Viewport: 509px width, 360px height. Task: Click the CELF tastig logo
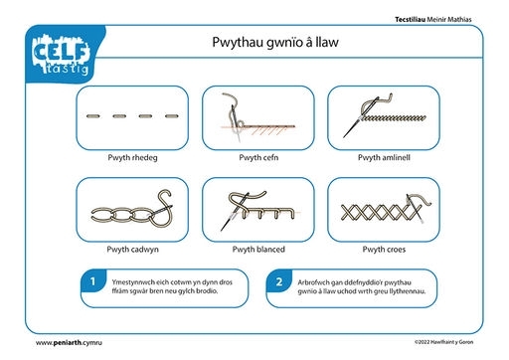(x=61, y=54)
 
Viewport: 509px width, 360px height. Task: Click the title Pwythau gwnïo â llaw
(x=275, y=43)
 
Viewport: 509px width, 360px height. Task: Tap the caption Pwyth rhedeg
(x=132, y=157)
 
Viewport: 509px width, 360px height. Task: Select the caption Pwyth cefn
(x=258, y=157)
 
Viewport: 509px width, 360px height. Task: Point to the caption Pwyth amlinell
(x=384, y=157)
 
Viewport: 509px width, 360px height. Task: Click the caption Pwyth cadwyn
(x=132, y=250)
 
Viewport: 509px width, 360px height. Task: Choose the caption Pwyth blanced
(x=258, y=250)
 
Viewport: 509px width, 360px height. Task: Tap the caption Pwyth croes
(x=384, y=250)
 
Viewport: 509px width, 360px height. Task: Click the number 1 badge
(x=93, y=281)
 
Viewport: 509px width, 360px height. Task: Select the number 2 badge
(x=279, y=281)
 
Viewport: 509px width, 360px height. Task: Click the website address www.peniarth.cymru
(x=69, y=343)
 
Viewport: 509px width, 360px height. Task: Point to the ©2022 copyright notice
(x=443, y=342)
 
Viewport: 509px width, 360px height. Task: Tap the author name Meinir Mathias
(x=449, y=20)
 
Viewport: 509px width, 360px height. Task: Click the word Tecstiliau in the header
(x=410, y=20)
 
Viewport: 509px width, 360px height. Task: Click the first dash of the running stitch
(x=93, y=116)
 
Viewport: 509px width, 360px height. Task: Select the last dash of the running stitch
(x=172, y=116)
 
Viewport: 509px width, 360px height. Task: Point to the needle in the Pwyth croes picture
(x=415, y=209)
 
